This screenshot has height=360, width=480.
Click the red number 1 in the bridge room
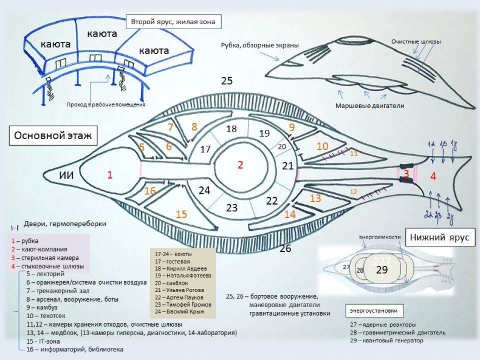point(110,175)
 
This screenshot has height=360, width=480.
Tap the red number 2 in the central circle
point(240,165)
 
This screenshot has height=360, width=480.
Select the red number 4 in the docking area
point(433,177)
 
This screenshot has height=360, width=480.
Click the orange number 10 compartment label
point(323,146)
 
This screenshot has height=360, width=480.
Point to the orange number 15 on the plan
point(182,214)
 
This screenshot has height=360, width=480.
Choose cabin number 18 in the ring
point(231,129)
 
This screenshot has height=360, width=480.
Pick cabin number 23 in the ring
point(232,208)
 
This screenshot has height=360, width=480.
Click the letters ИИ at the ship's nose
point(68,175)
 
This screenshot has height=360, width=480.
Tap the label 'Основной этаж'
point(50,135)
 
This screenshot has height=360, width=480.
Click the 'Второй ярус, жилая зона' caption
point(173,22)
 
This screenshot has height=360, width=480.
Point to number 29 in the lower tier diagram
point(382,270)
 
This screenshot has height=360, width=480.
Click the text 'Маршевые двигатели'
point(369,106)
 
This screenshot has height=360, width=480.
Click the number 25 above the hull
point(227,80)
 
